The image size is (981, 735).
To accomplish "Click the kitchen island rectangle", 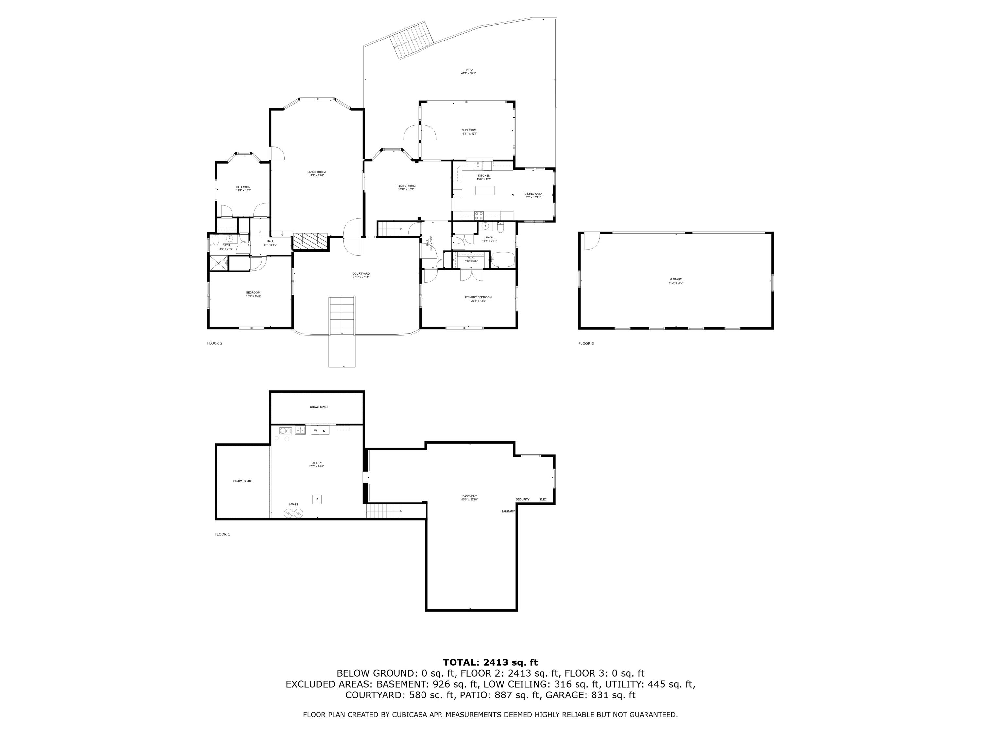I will coord(485,190).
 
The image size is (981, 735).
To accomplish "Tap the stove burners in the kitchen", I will coord(479,216).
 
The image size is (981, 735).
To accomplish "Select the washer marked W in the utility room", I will coord(315,430).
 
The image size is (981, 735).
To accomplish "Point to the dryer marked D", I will coord(324,431).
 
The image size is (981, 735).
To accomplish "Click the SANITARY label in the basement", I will coord(508,511).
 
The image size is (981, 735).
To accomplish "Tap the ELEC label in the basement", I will coord(543,500).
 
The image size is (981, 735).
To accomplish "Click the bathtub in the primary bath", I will coord(503,260).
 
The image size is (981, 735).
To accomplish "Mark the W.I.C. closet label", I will coord(471,257).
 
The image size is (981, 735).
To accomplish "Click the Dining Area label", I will coord(533,194).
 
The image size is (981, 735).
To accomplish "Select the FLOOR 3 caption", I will coord(586,343).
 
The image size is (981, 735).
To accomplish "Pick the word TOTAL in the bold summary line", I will coord(461,662).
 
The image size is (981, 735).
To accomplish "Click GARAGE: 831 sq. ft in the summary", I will coord(590,695).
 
